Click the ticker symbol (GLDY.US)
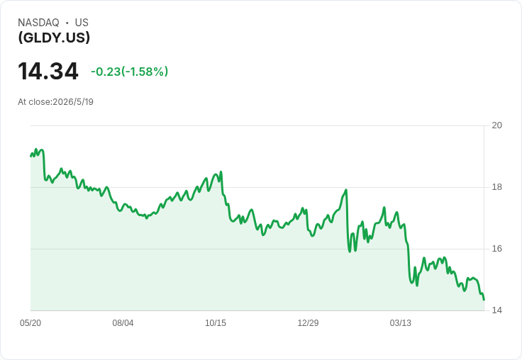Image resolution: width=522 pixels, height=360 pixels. [54, 38]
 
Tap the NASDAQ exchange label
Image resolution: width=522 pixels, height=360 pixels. [38, 23]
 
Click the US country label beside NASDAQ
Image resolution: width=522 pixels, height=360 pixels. [82, 23]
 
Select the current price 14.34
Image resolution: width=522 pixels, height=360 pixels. [48, 71]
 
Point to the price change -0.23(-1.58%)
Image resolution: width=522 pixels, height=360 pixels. [130, 72]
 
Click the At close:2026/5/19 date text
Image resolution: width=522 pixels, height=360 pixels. [55, 102]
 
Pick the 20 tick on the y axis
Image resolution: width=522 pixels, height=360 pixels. [497, 125]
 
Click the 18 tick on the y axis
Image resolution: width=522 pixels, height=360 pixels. [497, 187]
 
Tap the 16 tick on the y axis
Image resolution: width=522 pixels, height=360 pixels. [497, 249]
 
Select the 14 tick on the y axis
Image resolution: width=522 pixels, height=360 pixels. [497, 310]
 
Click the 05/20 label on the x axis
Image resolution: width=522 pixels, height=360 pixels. [30, 323]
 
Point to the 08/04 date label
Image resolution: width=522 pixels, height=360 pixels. [123, 323]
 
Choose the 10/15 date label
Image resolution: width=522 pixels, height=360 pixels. [216, 323]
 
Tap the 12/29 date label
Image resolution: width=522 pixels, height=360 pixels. [308, 323]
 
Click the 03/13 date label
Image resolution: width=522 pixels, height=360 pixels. [401, 323]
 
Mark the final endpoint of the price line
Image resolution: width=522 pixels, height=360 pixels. [484, 300]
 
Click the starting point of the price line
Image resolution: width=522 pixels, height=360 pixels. [30, 156]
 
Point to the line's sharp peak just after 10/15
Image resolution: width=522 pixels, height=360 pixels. [221, 172]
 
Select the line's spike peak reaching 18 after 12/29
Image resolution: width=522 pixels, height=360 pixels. [346, 190]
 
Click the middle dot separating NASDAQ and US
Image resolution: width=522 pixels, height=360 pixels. [67, 23]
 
